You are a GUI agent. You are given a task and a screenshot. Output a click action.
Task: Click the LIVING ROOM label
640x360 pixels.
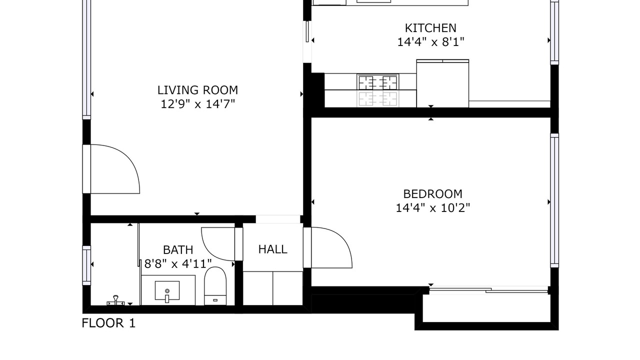click(x=197, y=90)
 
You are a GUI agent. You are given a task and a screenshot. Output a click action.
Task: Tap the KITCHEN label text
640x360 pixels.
click(x=430, y=28)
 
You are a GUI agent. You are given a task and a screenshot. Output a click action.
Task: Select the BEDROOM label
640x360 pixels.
click(x=432, y=194)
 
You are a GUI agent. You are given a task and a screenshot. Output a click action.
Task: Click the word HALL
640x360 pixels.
click(x=272, y=249)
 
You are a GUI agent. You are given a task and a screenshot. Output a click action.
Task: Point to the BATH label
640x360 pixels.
click(x=178, y=250)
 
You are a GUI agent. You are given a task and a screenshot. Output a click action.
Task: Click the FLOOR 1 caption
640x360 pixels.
click(x=108, y=323)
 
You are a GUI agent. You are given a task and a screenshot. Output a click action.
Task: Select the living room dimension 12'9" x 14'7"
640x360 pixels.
click(x=197, y=104)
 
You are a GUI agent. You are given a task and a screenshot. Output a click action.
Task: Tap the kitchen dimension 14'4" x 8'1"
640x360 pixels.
click(x=430, y=42)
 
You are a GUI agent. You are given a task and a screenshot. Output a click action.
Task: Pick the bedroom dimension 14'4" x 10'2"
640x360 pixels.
click(x=432, y=208)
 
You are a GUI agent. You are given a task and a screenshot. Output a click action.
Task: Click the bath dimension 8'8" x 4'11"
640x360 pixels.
click(x=178, y=263)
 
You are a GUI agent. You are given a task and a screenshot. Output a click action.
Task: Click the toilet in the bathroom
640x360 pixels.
click(x=215, y=286)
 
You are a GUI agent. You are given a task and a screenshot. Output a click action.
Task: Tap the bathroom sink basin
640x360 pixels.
click(x=167, y=291)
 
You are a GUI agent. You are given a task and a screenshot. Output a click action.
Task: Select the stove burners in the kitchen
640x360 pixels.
click(x=378, y=82)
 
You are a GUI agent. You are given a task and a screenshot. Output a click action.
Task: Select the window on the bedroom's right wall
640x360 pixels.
click(x=554, y=200)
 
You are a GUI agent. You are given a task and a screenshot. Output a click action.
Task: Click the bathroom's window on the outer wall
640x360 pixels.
click(x=86, y=265)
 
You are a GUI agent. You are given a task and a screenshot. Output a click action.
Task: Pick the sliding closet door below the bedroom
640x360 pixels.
click(x=488, y=290)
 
